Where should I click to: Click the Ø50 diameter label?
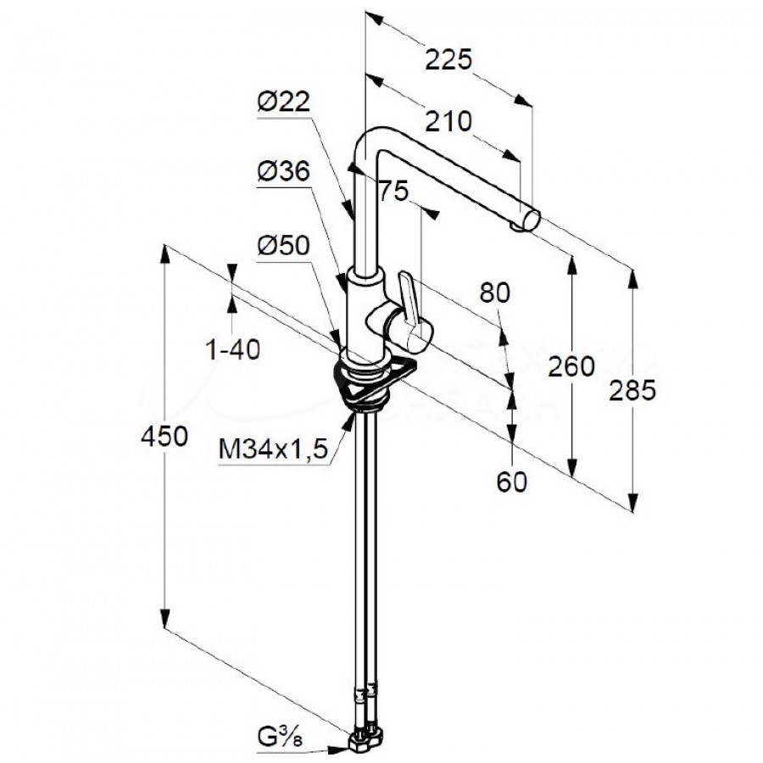click(283, 246)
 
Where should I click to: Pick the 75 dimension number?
click(392, 191)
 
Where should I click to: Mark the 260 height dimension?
click(571, 366)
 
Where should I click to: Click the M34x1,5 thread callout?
click(274, 449)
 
